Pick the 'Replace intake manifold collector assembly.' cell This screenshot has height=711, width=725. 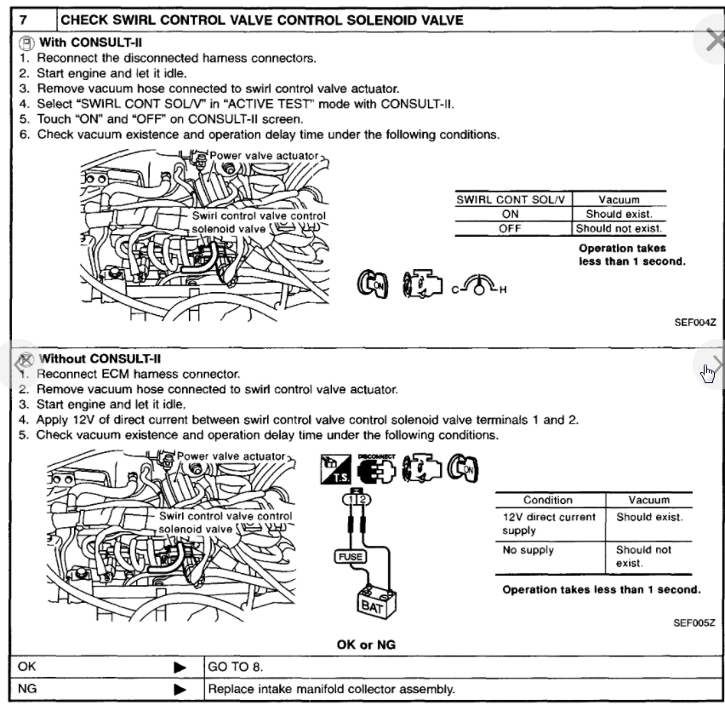(x=332, y=688)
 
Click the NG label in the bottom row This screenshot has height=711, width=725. (x=27, y=688)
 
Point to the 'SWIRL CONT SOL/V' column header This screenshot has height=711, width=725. (x=511, y=199)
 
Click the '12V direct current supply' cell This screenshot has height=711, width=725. (x=549, y=524)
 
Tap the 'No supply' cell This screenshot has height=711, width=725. (x=528, y=550)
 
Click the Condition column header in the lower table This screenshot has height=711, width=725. (x=548, y=500)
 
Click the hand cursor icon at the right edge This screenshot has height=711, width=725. (x=708, y=373)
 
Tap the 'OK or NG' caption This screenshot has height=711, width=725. (x=366, y=645)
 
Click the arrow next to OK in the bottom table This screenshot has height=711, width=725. (x=180, y=666)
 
